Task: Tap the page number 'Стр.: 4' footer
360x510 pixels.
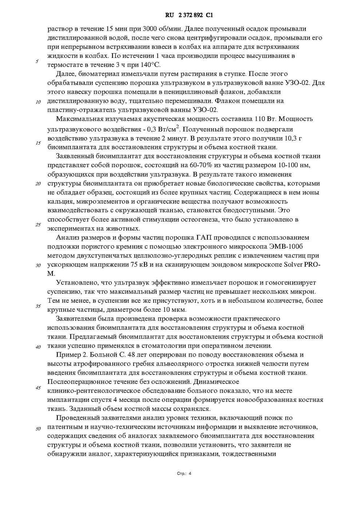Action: coord(184,474)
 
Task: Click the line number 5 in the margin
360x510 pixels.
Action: coord(37,61)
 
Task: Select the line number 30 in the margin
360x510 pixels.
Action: coord(38,265)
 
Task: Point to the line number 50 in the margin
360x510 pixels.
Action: coord(38,428)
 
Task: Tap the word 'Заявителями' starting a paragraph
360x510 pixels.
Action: coord(76,319)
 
